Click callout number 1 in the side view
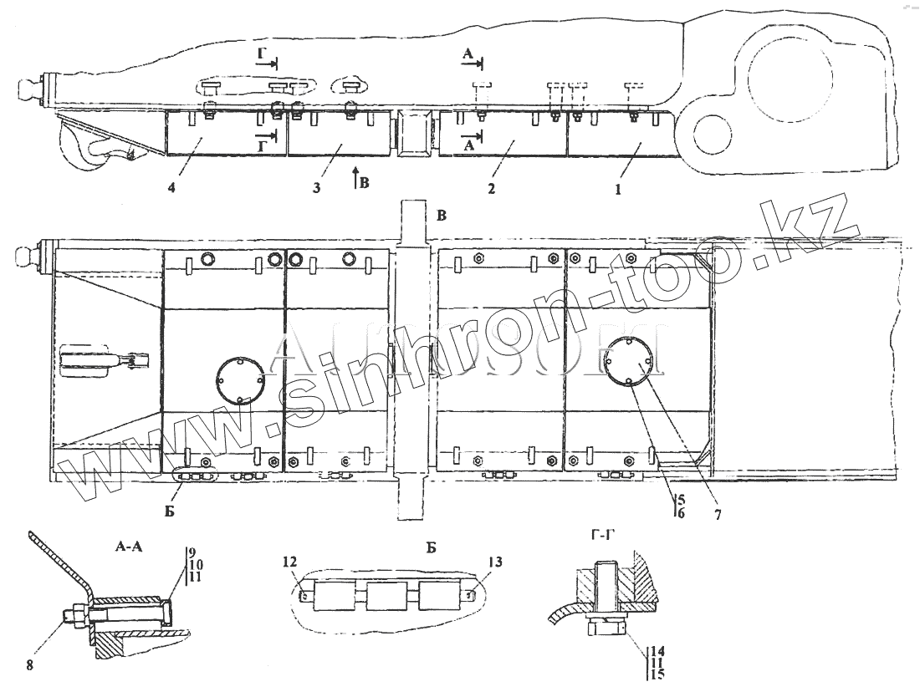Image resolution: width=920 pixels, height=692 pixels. pyautogui.click(x=618, y=189)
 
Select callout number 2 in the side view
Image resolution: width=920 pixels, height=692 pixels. pyautogui.click(x=492, y=189)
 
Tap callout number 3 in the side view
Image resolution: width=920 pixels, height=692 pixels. pyautogui.click(x=317, y=188)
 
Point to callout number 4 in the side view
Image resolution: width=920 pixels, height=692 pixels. pyautogui.click(x=171, y=188)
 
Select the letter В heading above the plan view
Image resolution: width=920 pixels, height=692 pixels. pyautogui.click(x=442, y=216)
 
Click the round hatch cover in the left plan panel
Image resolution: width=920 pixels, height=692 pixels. pyautogui.click(x=240, y=379)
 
